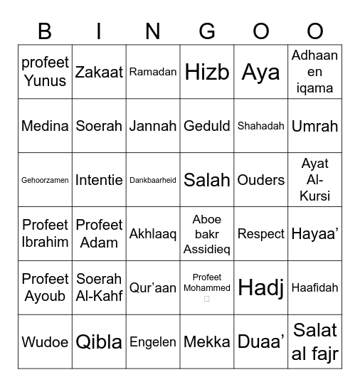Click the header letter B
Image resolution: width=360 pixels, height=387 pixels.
coord(45,31)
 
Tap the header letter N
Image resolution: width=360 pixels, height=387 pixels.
coord(153,31)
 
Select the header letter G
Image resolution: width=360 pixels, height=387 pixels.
coord(207,31)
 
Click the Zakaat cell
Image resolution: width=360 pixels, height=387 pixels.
coord(99,72)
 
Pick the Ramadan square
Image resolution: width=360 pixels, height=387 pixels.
coord(153,72)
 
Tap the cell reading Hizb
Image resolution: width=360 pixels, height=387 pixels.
coord(207,72)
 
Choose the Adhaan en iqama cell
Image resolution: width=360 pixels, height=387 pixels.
coord(315,72)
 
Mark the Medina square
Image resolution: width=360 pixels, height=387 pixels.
coord(45,126)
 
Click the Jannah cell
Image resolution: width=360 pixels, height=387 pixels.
coord(153,126)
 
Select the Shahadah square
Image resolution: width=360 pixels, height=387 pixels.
coord(261,126)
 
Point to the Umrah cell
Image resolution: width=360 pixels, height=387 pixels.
coord(315,126)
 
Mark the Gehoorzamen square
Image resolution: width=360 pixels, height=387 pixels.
coord(45,180)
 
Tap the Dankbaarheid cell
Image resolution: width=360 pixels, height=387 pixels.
coord(153,180)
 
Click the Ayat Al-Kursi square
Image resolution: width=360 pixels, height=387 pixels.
coord(315,180)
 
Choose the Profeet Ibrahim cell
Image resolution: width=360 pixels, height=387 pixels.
coord(45,233)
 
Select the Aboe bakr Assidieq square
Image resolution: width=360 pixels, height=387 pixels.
coord(207,233)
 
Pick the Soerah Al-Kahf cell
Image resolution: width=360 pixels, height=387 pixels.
coord(99,287)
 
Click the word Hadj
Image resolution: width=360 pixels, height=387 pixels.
coord(261,287)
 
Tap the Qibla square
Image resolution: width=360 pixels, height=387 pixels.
coord(99,341)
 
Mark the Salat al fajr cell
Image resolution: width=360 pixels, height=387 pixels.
coord(315,341)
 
